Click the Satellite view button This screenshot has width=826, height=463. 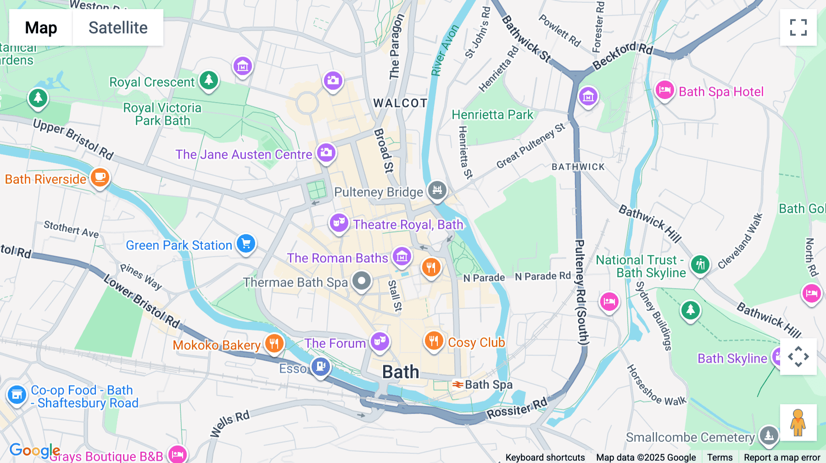click(118, 28)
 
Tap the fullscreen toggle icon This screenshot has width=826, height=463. click(798, 28)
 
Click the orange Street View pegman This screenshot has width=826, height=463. click(798, 422)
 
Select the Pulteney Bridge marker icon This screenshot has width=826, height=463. click(437, 189)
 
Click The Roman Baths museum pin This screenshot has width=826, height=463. click(402, 256)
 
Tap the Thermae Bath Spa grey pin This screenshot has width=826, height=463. click(362, 280)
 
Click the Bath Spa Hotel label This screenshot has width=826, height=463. click(721, 92)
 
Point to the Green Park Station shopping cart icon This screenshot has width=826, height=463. click(246, 243)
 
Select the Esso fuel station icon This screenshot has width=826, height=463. click(320, 367)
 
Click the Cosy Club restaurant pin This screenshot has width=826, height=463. click(433, 341)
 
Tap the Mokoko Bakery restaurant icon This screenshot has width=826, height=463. click(274, 343)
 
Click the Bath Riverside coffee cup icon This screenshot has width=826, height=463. click(100, 177)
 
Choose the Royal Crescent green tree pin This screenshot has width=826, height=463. click(209, 80)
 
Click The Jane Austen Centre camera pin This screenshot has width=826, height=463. click(326, 152)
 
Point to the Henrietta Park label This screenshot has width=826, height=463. click(492, 115)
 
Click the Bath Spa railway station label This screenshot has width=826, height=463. click(488, 385)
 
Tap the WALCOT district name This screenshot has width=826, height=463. click(400, 103)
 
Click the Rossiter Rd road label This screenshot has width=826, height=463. click(517, 408)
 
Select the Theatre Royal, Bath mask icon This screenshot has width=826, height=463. click(339, 223)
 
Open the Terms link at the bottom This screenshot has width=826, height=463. click(720, 457)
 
